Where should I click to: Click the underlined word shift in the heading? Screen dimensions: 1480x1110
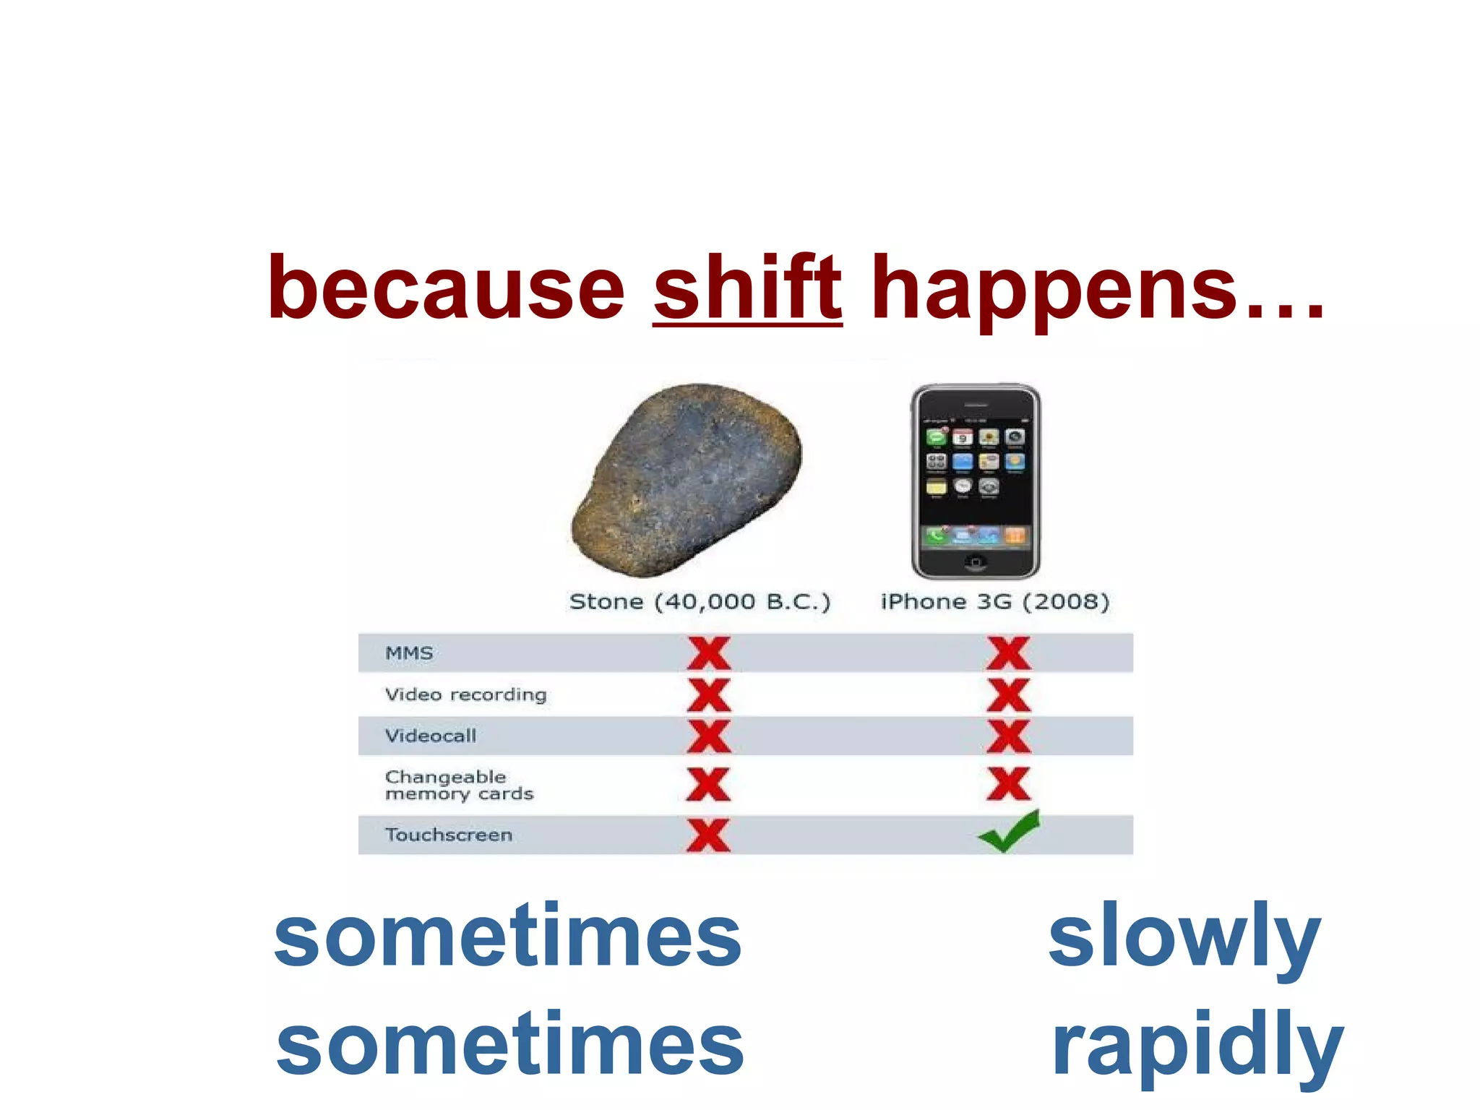point(747,289)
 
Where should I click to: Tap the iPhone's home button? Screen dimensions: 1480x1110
point(975,562)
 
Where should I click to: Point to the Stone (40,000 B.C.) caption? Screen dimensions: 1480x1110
point(700,601)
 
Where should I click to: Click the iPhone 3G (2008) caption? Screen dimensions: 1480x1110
point(994,601)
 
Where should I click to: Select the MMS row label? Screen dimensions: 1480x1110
point(409,653)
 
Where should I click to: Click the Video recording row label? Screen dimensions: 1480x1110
point(465,694)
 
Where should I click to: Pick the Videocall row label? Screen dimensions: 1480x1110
point(431,736)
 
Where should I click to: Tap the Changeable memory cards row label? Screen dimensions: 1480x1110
point(458,786)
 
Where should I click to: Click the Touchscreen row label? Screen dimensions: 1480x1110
point(448,835)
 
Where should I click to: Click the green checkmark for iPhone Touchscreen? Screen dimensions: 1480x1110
point(1009,832)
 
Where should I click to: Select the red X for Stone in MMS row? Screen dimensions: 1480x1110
point(708,653)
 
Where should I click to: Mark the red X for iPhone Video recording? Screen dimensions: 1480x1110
point(1008,695)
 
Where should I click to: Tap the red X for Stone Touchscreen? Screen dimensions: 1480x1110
point(708,835)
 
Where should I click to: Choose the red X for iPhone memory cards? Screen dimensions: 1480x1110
point(1008,784)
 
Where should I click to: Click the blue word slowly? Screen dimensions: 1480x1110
point(1184,938)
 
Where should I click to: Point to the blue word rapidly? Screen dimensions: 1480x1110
point(1196,1046)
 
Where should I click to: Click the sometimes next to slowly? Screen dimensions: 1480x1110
point(508,937)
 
